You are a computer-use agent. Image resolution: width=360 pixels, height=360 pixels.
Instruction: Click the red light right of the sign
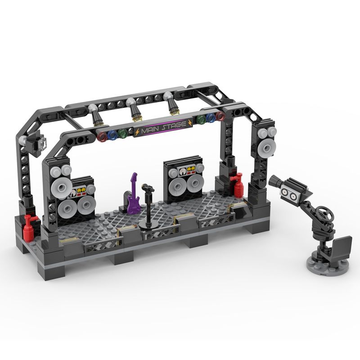220,117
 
